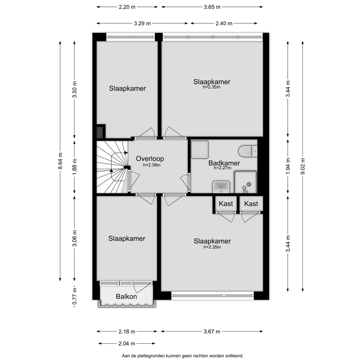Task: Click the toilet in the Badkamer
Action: tap(248, 151)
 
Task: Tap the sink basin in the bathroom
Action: tap(221, 187)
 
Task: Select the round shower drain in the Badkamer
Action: tap(249, 184)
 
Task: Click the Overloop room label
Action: tap(150, 159)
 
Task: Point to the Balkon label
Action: tap(126, 297)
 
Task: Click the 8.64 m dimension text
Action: tap(60, 161)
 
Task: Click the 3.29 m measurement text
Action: tap(142, 23)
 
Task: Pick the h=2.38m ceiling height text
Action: tap(152, 165)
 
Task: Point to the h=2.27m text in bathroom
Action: tap(222, 168)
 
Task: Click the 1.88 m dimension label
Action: tap(75, 166)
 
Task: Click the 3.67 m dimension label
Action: tap(212, 331)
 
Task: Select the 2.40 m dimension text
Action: tap(224, 23)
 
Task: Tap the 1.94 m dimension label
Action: tap(288, 166)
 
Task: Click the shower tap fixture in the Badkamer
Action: tap(244, 189)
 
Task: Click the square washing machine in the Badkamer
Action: tap(200, 149)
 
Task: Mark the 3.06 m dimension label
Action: tap(75, 238)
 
